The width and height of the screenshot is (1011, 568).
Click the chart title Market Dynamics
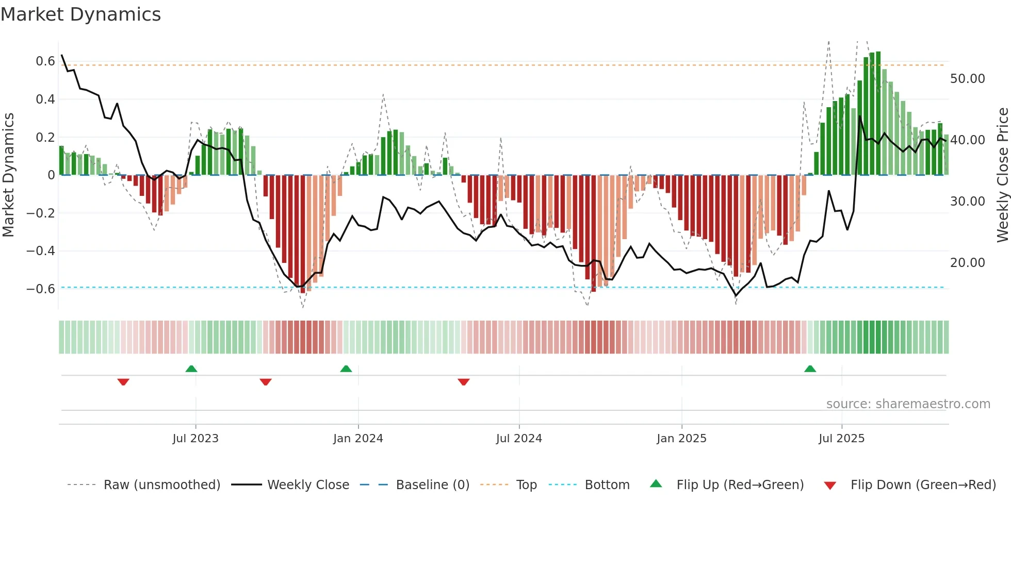pyautogui.click(x=80, y=14)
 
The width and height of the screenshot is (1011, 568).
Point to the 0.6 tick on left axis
pyautogui.click(x=45, y=61)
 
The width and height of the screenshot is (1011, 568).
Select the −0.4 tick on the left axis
pyautogui.click(x=41, y=251)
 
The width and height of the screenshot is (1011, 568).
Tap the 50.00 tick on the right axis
pyautogui.click(x=967, y=79)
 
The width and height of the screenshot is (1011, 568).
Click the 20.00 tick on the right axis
pyautogui.click(x=967, y=263)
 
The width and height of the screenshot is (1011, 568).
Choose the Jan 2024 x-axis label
pyautogui.click(x=358, y=439)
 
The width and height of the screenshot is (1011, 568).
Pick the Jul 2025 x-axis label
pyautogui.click(x=841, y=439)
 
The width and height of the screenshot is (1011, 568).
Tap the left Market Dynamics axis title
pyautogui.click(x=9, y=175)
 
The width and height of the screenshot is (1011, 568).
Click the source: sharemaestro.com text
pyautogui.click(x=908, y=404)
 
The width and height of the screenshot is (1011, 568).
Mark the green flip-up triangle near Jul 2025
pyautogui.click(x=810, y=369)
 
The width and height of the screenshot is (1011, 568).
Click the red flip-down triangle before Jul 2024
pyautogui.click(x=463, y=381)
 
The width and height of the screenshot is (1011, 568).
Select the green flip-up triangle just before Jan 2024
pyautogui.click(x=346, y=369)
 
